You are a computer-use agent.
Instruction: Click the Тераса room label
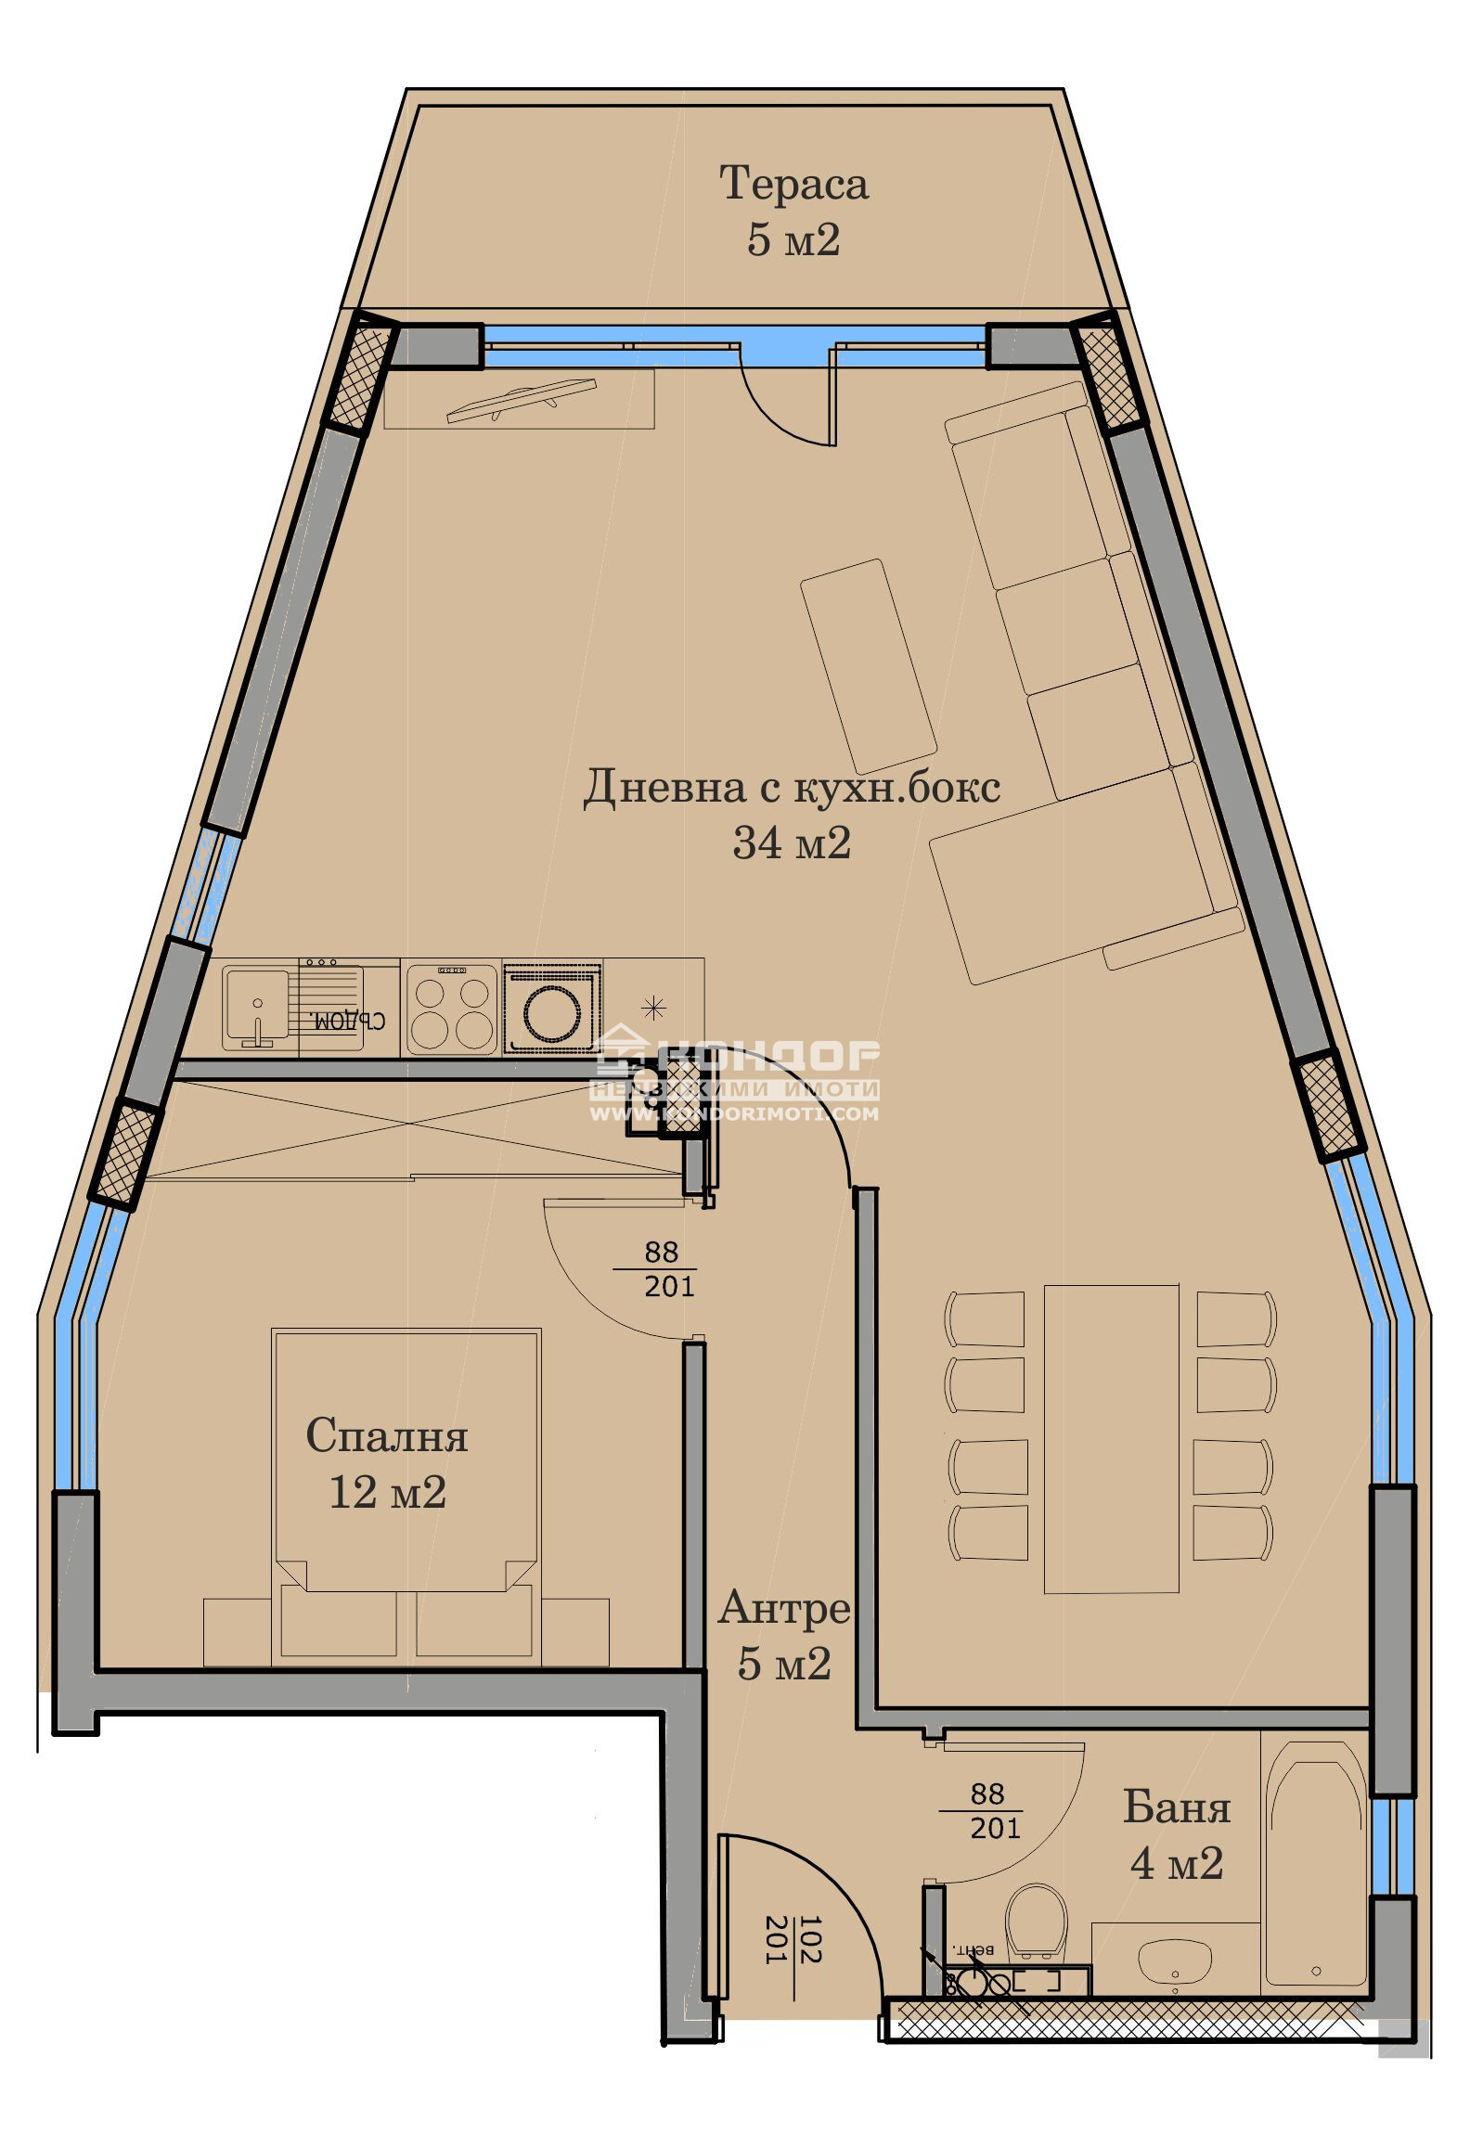[x=793, y=183]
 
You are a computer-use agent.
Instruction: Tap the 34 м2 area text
[x=791, y=843]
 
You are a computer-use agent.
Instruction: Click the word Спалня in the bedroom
[x=386, y=1435]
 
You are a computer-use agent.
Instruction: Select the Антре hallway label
[x=783, y=1608]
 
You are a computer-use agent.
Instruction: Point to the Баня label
[x=1176, y=1806]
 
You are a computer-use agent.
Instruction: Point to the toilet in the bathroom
[x=1036, y=1919]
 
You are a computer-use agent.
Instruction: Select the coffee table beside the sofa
[x=868, y=666]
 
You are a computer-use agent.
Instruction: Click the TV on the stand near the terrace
[x=520, y=400]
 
